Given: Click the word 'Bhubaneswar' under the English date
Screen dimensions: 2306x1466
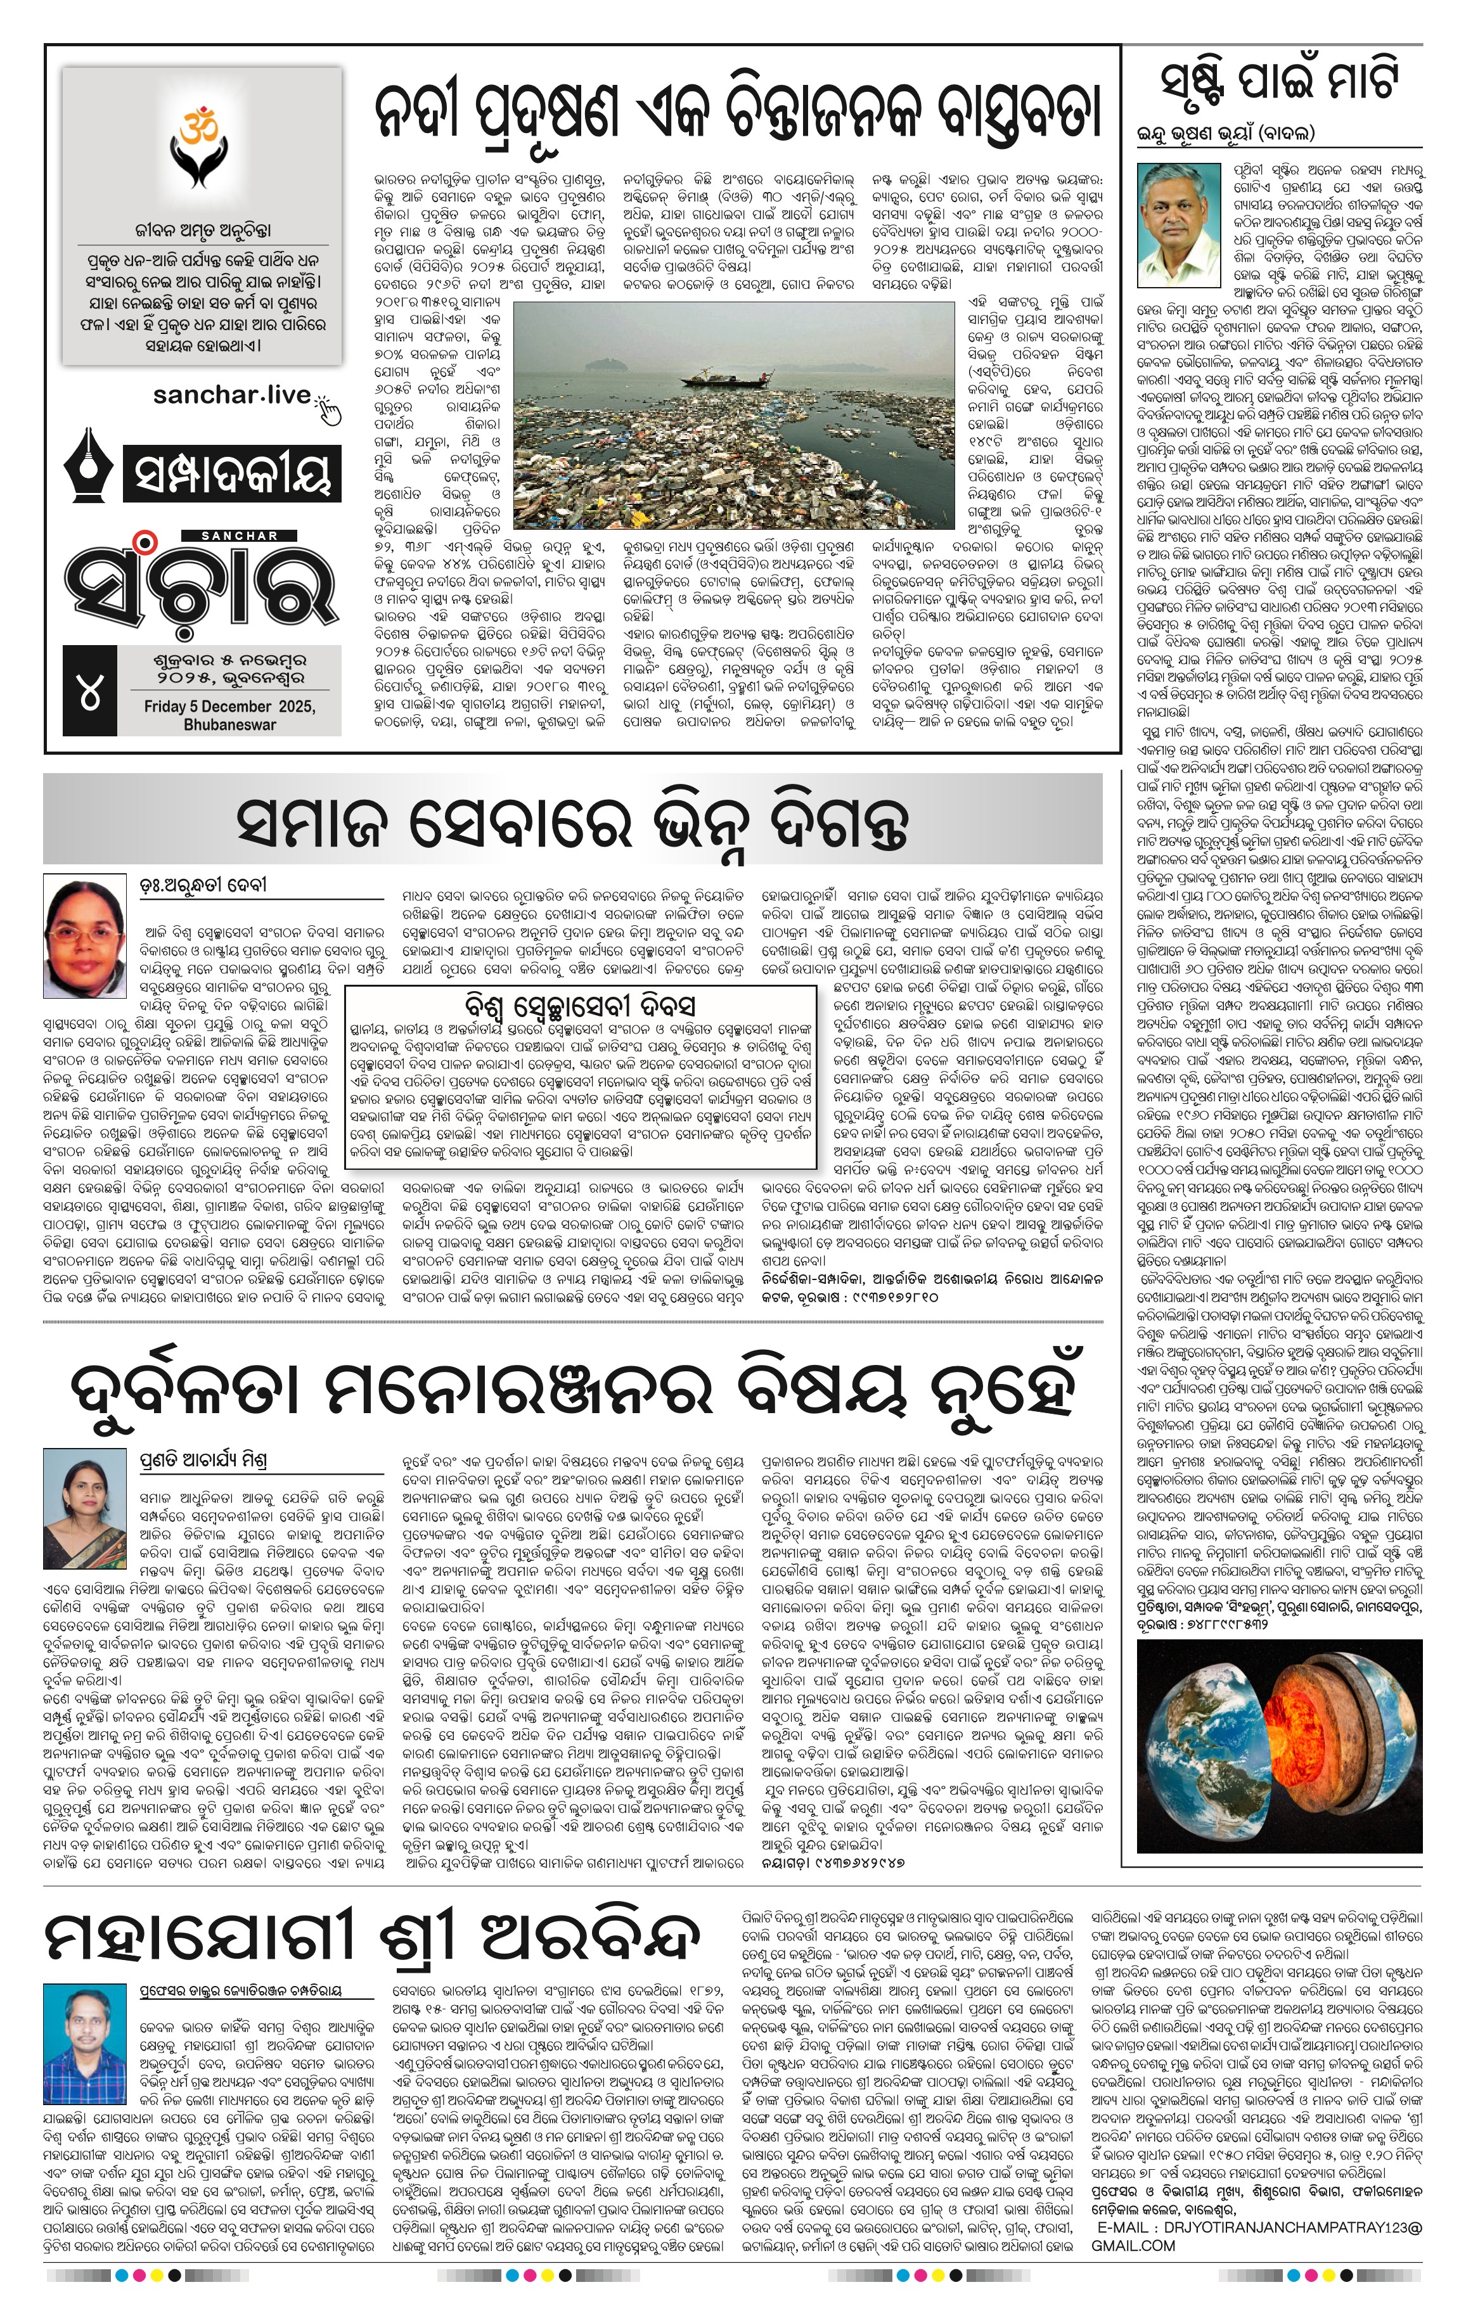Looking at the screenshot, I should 230,725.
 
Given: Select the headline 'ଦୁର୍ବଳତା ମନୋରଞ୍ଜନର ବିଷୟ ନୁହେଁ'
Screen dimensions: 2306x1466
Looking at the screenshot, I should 574,1392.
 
